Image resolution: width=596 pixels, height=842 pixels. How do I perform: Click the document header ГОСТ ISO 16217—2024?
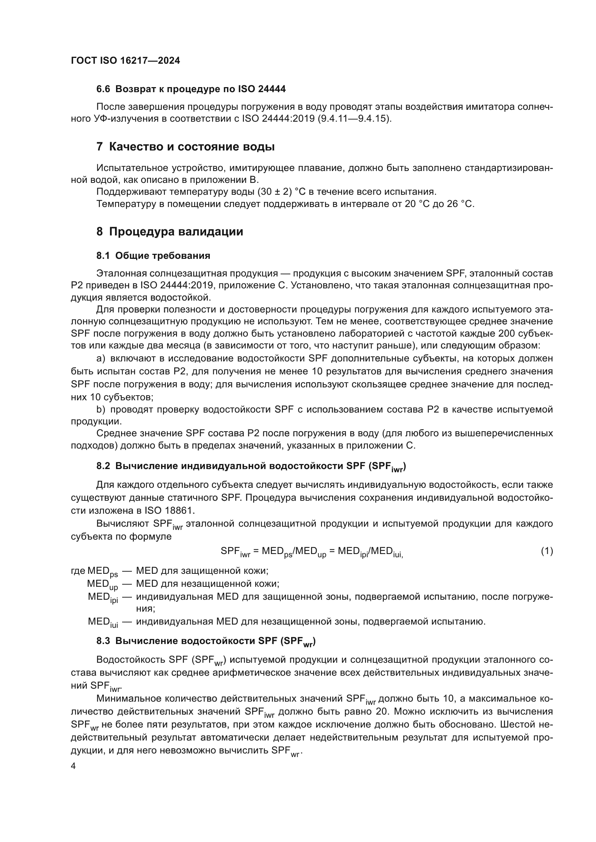tap(125, 61)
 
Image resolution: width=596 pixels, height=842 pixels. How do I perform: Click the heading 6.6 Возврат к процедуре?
tap(191, 89)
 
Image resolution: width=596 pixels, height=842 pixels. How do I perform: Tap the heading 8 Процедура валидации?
tap(170, 232)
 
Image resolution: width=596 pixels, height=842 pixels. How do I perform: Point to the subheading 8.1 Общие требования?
tap(153, 256)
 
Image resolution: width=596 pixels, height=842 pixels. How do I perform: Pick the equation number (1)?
tap(547, 551)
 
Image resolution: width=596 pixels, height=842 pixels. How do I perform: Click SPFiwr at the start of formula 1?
tap(235, 551)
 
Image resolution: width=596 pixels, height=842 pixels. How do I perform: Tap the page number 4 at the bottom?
tap(74, 766)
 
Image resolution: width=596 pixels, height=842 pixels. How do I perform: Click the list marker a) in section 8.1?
tap(101, 358)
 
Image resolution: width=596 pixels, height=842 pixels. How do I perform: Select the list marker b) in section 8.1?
tap(101, 410)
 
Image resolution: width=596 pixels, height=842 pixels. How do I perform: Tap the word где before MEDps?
tap(78, 571)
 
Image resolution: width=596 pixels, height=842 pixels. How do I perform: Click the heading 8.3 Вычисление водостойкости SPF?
tap(205, 641)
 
